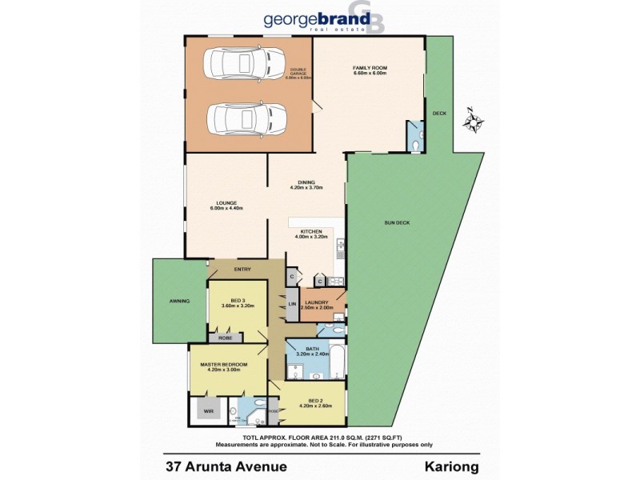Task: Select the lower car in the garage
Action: point(245,118)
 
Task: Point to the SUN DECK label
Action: point(397,222)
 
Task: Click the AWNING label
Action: point(179,300)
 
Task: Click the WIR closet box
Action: point(209,411)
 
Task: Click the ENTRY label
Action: point(242,269)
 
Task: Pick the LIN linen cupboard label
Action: point(293,305)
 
